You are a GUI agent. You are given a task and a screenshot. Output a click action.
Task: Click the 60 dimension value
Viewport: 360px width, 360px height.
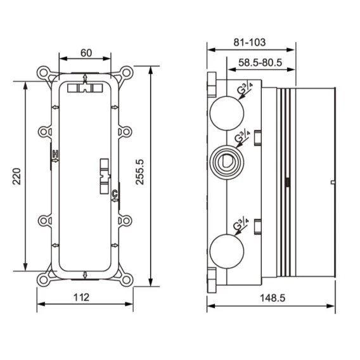click(x=86, y=53)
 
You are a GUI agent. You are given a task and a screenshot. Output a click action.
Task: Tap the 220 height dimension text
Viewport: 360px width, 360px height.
click(x=16, y=176)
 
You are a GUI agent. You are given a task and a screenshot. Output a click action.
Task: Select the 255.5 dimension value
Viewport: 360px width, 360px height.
click(x=139, y=172)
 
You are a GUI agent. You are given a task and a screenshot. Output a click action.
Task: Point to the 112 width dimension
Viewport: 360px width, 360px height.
click(x=81, y=297)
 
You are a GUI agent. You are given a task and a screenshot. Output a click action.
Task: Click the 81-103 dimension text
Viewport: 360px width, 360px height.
click(x=250, y=42)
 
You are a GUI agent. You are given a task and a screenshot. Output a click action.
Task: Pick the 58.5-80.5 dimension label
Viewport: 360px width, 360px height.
click(x=260, y=63)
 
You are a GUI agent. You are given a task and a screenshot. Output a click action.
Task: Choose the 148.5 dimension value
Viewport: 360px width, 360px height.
click(x=273, y=298)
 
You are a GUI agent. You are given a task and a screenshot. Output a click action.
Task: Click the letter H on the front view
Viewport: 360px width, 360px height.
click(x=55, y=154)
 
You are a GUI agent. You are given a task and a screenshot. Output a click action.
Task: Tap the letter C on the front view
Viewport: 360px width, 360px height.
click(x=115, y=194)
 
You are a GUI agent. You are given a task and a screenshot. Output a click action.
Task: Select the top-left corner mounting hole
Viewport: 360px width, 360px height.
click(x=43, y=72)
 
